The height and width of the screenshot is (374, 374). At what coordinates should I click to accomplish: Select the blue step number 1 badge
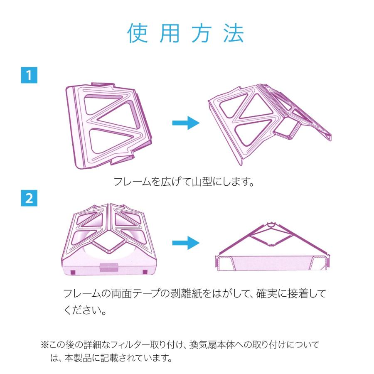pyautogui.click(x=29, y=76)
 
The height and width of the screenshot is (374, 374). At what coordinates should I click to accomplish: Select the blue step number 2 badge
pyautogui.click(x=29, y=198)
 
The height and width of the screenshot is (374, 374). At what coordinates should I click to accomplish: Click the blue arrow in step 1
pyautogui.click(x=186, y=123)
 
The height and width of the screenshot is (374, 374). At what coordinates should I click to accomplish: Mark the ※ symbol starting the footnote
pyautogui.click(x=45, y=345)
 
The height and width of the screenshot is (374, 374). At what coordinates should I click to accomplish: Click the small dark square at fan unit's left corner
pyautogui.click(x=72, y=272)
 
